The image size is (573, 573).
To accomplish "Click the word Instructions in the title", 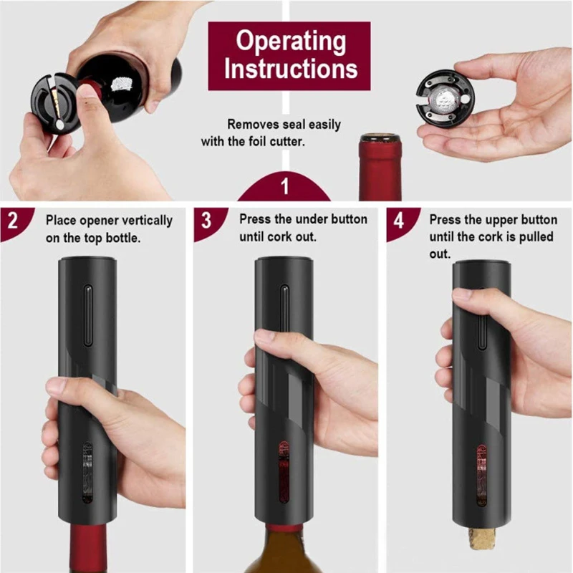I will tap(290, 69).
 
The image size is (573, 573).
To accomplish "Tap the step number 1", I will tap(284, 188).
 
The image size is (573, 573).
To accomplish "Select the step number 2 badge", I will tap(12, 220).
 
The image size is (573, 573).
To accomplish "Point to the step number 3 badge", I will tap(206, 220).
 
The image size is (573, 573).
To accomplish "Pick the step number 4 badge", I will tap(398, 220).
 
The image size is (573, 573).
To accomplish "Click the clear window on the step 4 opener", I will tap(481, 473).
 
